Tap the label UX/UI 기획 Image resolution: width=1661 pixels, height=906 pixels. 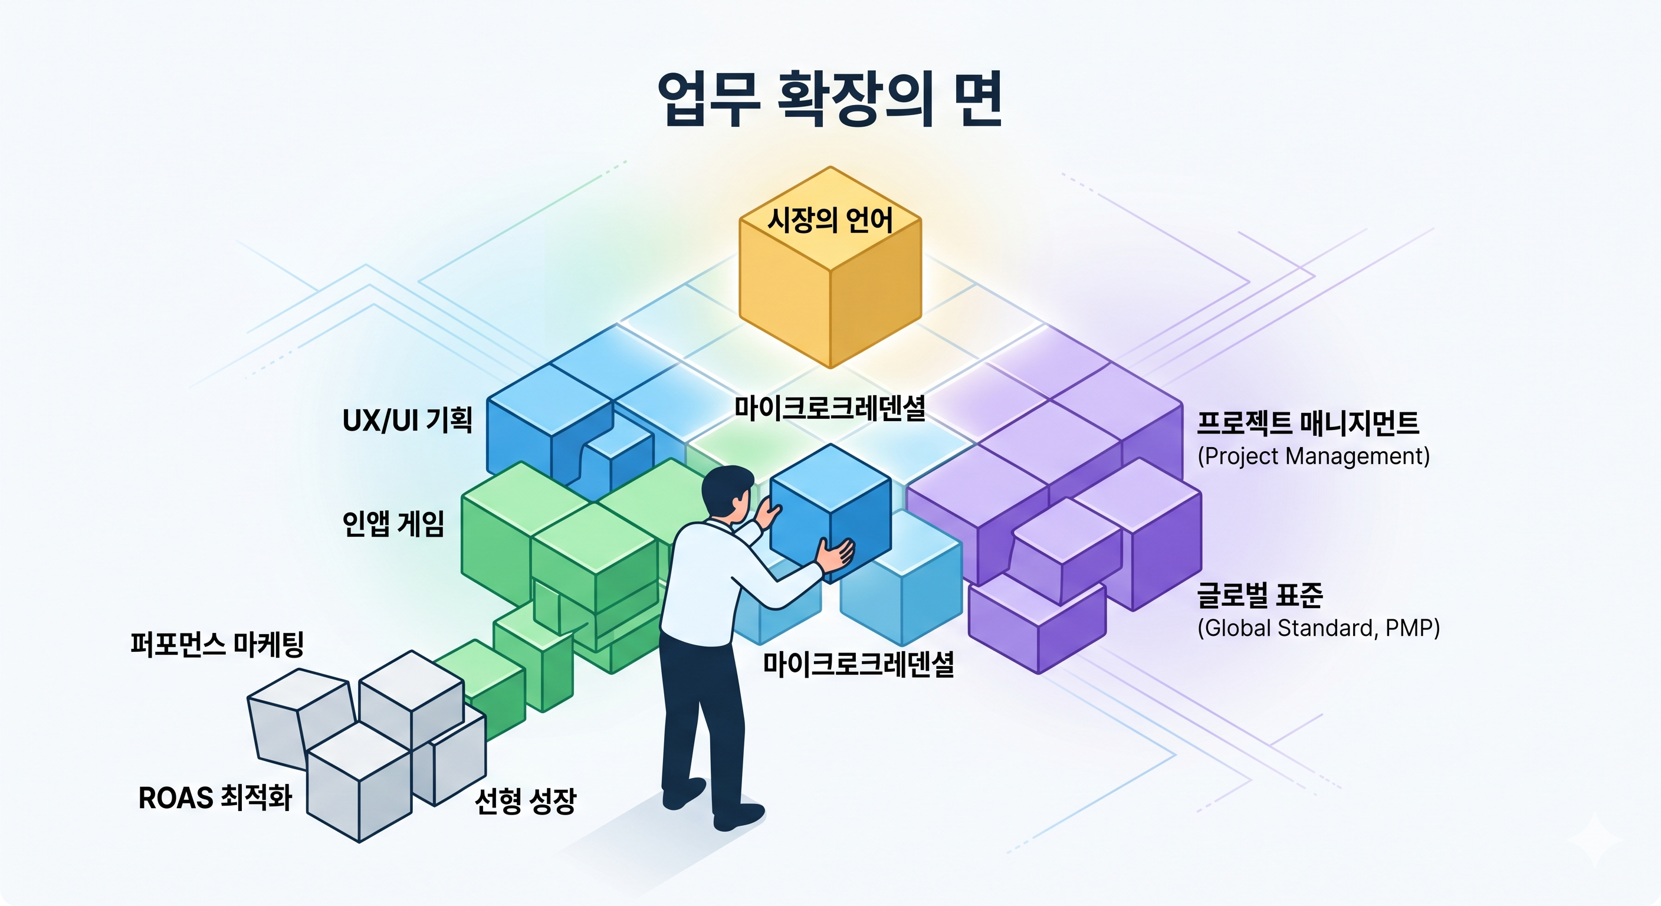[x=408, y=421]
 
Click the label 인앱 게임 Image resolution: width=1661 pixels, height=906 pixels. [x=393, y=523]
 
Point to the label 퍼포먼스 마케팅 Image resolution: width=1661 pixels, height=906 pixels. [x=216, y=644]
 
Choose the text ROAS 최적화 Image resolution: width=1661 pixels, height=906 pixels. [x=215, y=798]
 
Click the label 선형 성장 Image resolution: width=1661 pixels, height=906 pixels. [x=526, y=801]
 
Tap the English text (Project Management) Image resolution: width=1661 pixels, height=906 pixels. [x=1314, y=457]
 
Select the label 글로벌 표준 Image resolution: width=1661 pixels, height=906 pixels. [x=1260, y=595]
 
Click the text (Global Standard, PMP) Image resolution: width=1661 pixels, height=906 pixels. [x=1319, y=628]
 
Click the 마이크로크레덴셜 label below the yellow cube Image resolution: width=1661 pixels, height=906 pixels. [x=830, y=408]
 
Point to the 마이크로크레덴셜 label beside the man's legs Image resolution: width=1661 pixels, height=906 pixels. [x=858, y=664]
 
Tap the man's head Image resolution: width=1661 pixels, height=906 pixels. [x=727, y=493]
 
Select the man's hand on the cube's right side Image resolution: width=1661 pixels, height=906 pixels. [x=836, y=553]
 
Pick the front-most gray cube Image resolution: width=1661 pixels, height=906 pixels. [x=359, y=782]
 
